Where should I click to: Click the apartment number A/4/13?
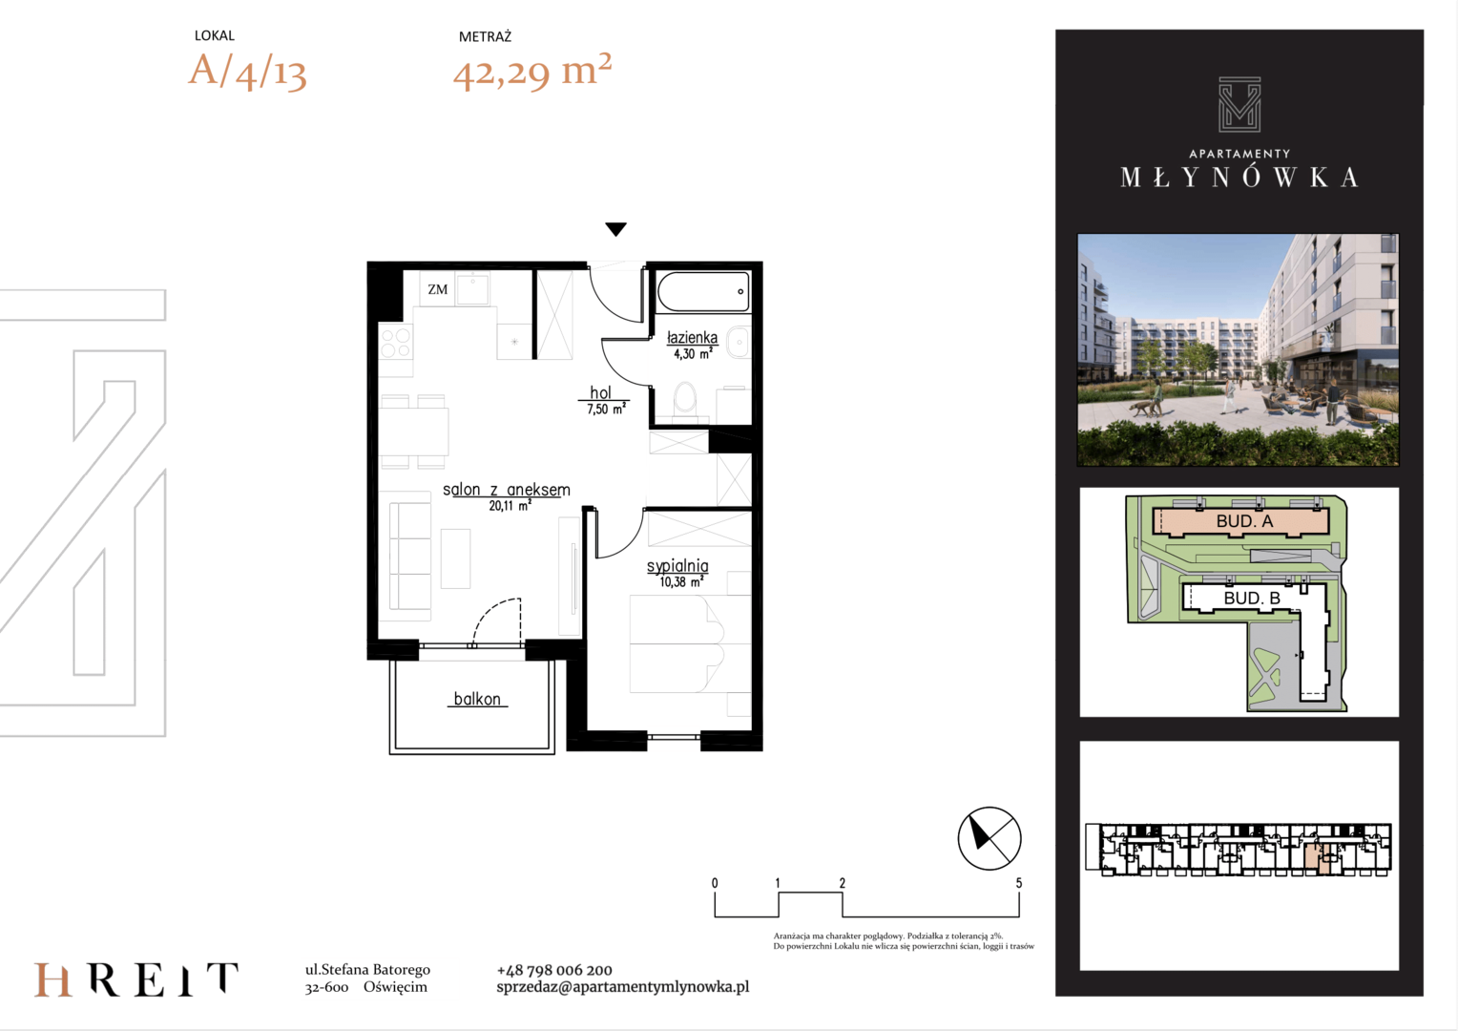[247, 71]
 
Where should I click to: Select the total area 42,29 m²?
[532, 71]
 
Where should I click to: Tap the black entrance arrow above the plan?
[615, 228]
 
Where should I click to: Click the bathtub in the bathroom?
[703, 291]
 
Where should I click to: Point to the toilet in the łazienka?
[684, 398]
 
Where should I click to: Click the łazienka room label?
[692, 337]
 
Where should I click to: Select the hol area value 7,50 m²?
[606, 409]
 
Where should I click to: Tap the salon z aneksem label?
[507, 490]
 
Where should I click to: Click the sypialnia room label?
[677, 566]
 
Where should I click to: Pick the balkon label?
[477, 699]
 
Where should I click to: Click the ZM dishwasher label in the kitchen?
[437, 289]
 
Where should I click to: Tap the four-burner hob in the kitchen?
[396, 344]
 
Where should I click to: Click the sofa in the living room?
[410, 556]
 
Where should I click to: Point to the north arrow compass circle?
[989, 838]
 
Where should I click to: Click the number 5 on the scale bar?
[1019, 883]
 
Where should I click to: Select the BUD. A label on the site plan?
[1244, 521]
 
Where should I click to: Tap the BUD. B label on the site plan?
[1252, 598]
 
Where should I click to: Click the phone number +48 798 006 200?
[554, 970]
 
